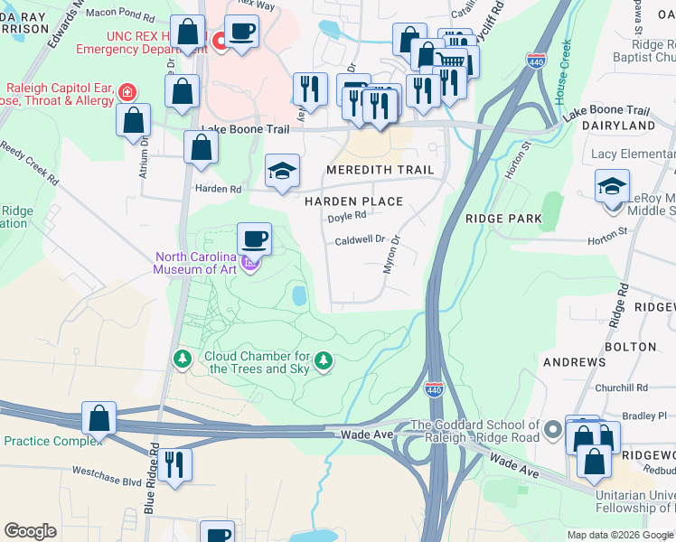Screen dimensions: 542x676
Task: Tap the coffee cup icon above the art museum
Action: [x=254, y=239]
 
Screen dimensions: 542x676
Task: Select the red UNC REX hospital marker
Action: [x=219, y=41]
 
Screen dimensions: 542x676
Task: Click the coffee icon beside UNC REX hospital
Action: [x=241, y=33]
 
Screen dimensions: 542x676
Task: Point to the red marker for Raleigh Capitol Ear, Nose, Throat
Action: [x=127, y=91]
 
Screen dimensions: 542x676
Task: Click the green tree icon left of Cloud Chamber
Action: [x=183, y=360]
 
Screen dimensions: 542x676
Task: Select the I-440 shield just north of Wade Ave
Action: [x=434, y=389]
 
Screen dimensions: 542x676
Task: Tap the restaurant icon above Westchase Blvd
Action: [x=174, y=464]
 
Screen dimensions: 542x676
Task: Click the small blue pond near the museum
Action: [x=298, y=295]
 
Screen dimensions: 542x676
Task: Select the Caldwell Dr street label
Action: [x=361, y=240]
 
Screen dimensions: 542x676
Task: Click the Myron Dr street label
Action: [x=393, y=254]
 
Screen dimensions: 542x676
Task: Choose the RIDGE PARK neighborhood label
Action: [x=503, y=219]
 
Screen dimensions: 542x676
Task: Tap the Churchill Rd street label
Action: [x=623, y=388]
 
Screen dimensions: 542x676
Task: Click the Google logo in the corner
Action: [x=30, y=531]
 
